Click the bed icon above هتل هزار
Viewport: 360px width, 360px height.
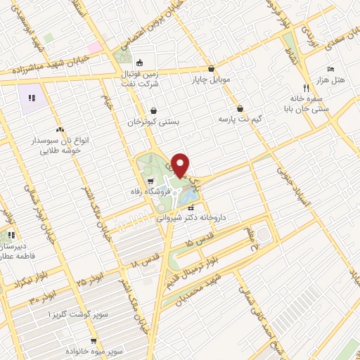click(330, 69)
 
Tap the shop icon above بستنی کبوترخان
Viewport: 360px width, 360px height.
click(153, 110)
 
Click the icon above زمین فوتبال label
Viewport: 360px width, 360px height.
click(139, 61)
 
